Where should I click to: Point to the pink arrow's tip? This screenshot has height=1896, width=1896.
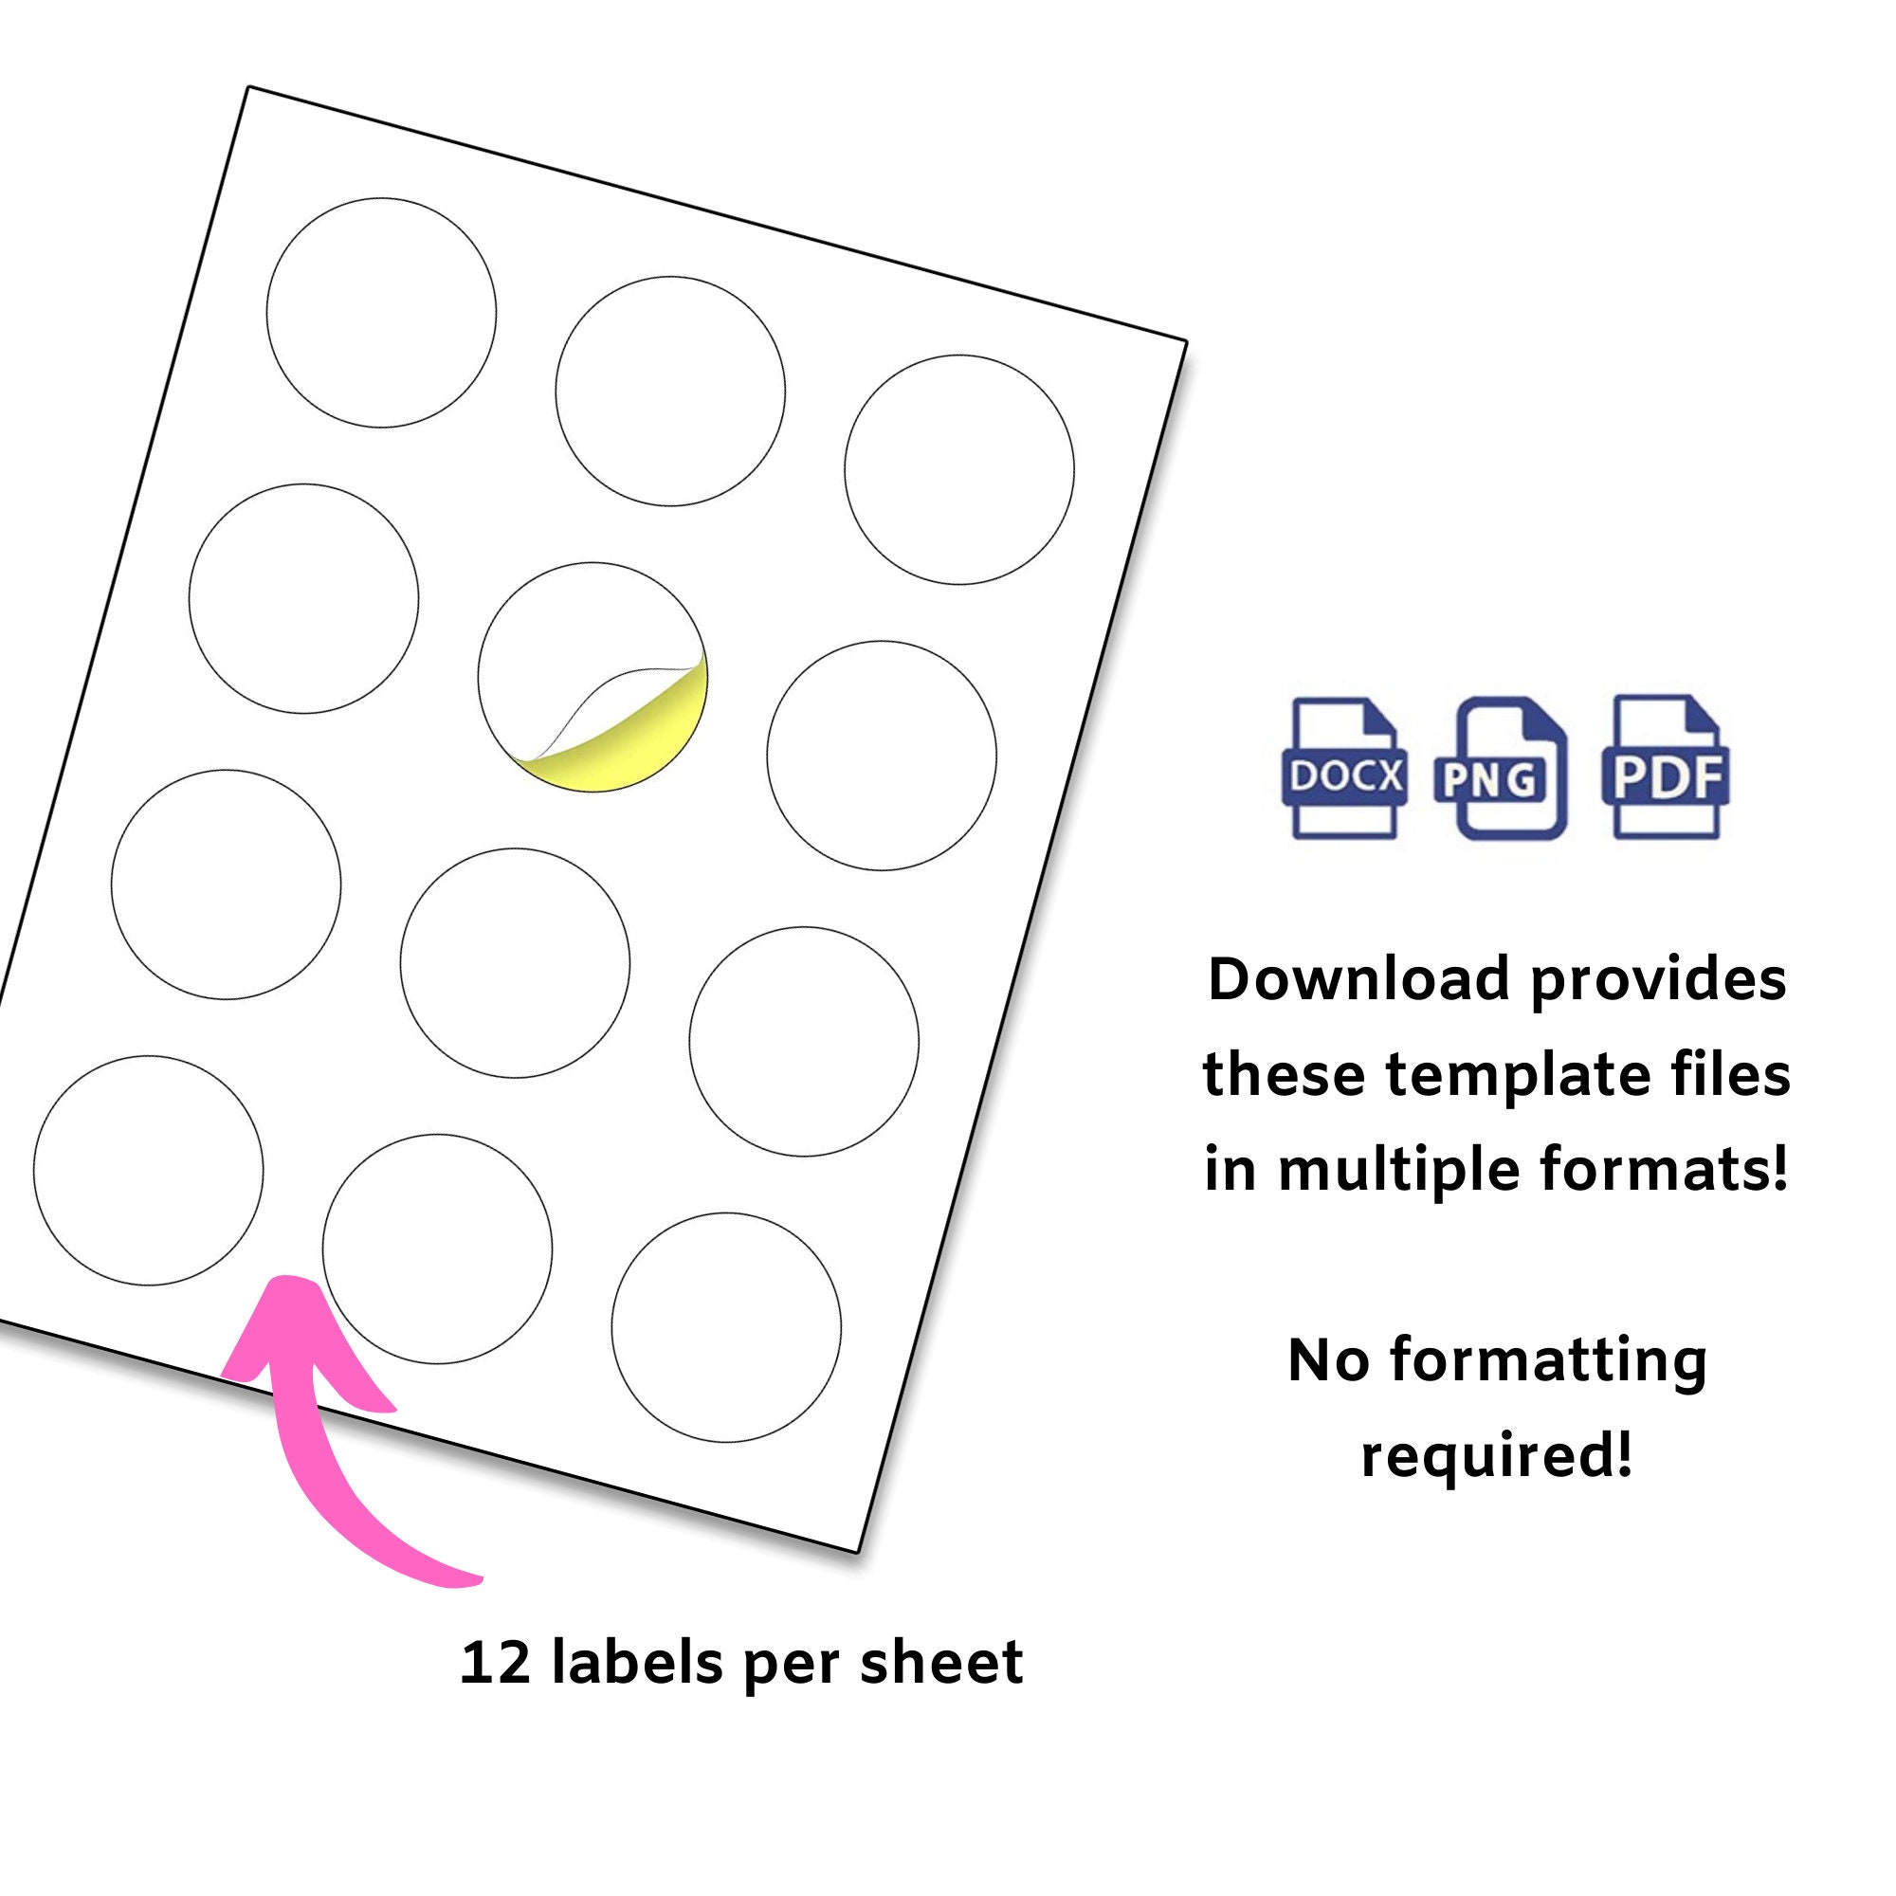pyautogui.click(x=285, y=1282)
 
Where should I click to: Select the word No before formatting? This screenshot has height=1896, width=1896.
pyautogui.click(x=1328, y=1360)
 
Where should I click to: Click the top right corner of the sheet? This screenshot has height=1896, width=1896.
pyautogui.click(x=1187, y=342)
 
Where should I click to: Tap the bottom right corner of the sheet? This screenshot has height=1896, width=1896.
pyautogui.click(x=857, y=1553)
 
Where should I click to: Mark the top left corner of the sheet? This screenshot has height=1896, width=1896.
pyautogui.click(x=249, y=87)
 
